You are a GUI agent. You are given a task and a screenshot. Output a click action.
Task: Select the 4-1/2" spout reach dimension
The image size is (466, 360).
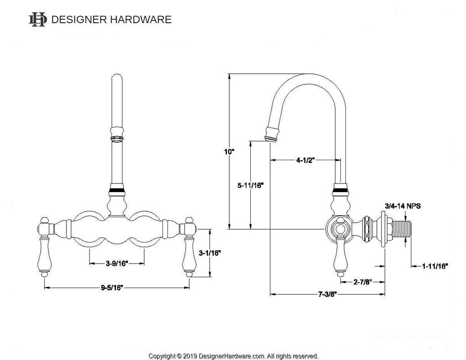pos(306,160)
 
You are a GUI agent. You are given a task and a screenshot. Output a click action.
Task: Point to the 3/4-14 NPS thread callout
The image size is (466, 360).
pos(402,206)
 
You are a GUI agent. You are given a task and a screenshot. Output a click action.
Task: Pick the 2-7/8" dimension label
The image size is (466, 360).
pos(363,282)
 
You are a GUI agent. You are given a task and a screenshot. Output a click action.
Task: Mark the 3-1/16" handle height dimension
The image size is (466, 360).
pos(210,253)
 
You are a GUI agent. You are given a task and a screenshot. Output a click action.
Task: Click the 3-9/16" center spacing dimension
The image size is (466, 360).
pos(117,263)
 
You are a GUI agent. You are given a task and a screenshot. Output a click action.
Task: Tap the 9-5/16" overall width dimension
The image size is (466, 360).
pos(117,287)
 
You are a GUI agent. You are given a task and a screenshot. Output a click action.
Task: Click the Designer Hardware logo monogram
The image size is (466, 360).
pos(38,20)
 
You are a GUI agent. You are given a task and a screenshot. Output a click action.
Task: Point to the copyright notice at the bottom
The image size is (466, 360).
pos(233,356)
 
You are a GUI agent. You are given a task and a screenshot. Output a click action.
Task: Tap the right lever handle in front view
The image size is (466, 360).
pos(189,253)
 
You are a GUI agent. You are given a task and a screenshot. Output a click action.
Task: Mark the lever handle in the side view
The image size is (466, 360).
pos(339,256)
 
